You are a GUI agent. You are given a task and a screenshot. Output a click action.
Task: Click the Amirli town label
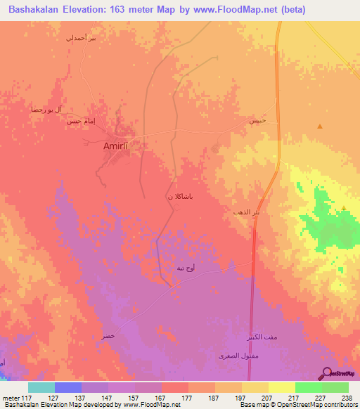118,145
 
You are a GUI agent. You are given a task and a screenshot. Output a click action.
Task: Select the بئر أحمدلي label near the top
79,38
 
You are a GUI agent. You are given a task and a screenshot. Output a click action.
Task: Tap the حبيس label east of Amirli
257,121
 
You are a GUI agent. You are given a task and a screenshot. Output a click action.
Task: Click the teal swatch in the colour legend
41,387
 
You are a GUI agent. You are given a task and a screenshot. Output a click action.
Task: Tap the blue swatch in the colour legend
68,387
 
